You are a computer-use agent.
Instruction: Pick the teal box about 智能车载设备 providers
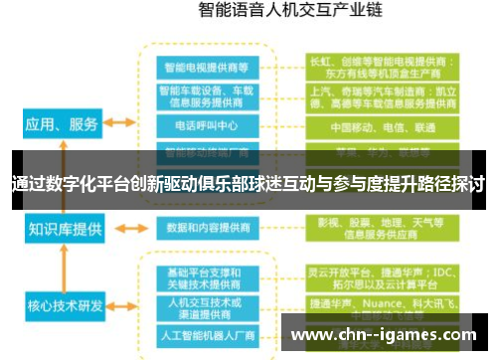[207, 96]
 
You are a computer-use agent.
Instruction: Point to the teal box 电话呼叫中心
[207, 126]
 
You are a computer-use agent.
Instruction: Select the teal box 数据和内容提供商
[207, 228]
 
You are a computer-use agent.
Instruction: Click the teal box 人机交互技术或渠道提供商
[207, 304]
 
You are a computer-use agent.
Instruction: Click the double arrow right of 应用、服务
[120, 123]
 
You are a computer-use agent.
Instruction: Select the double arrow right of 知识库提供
[120, 229]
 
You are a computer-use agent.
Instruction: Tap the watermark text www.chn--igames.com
[391, 334]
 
